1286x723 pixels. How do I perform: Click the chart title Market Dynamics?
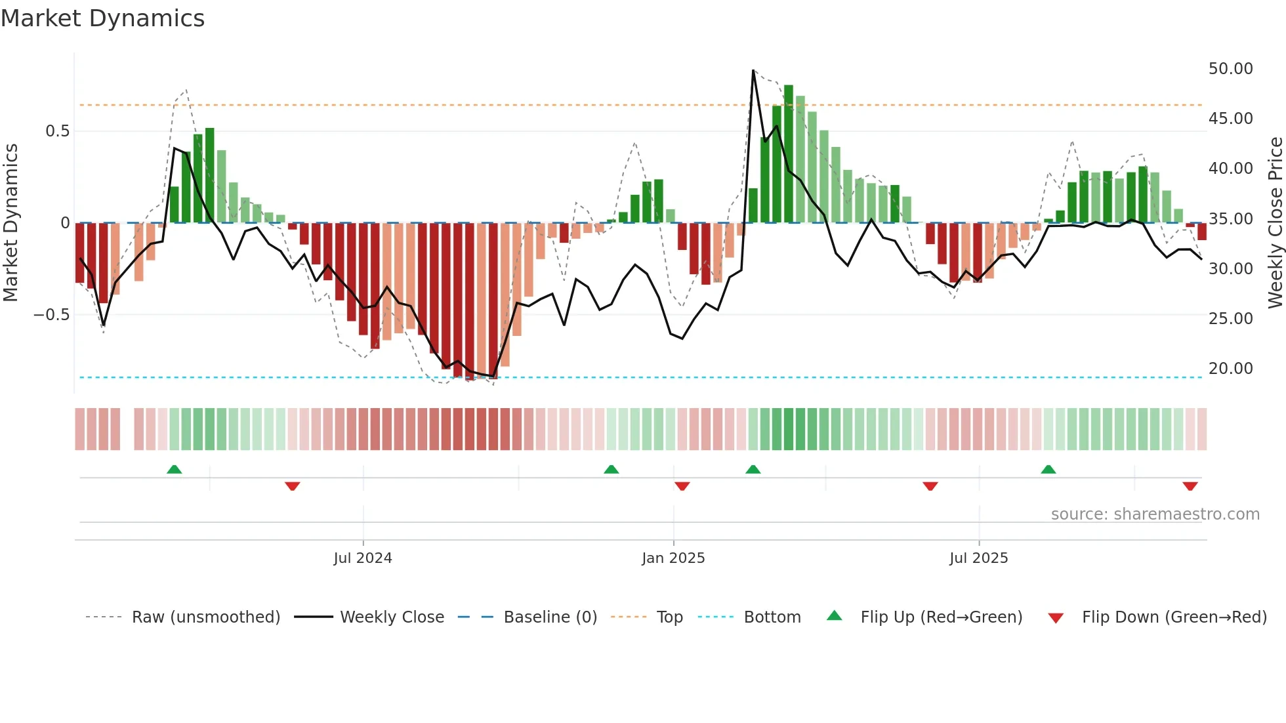click(102, 18)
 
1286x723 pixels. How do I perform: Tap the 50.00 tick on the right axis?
click(1230, 69)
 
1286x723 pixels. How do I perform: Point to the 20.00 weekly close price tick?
click(1230, 369)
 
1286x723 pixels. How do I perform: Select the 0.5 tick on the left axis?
click(57, 131)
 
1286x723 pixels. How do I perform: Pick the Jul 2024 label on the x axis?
click(362, 558)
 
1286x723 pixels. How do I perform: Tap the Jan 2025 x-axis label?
click(673, 558)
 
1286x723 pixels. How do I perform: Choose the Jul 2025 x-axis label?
click(978, 558)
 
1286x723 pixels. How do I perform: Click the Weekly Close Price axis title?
click(1275, 223)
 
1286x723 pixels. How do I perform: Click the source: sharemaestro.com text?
click(1155, 514)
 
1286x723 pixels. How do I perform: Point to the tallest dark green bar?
click(788, 154)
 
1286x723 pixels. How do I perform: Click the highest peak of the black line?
click(753, 70)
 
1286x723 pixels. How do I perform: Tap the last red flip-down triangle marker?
click(1190, 486)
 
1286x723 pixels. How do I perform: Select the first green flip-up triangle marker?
click(174, 469)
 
